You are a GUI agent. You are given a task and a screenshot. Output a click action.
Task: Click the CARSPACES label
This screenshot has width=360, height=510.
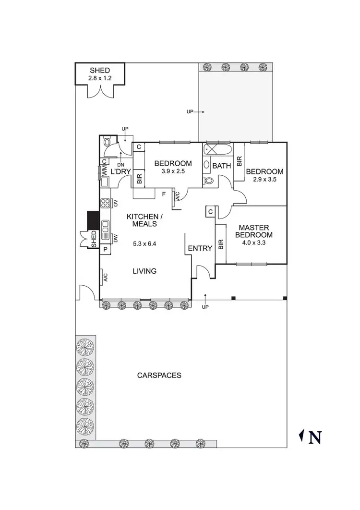coord(159,375)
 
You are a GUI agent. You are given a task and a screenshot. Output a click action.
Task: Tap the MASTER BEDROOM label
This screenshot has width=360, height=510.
coord(255,231)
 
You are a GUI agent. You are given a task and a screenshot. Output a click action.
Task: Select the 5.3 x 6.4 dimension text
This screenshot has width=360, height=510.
coord(145,243)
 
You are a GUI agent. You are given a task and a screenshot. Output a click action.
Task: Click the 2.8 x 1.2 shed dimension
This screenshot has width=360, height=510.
coord(99,78)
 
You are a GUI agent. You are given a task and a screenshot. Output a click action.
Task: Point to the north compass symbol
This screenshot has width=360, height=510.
coord(310,437)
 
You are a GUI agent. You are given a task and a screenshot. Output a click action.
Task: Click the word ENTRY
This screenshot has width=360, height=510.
coord(200,248)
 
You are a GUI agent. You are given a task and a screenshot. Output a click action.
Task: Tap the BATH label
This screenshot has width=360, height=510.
coord(222,166)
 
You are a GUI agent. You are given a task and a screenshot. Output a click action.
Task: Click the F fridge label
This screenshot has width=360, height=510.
coord(164,194)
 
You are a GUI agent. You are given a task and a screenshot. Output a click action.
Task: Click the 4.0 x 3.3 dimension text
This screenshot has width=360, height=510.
coord(255,243)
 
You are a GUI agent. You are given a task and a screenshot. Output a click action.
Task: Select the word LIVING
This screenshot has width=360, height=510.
coord(144,271)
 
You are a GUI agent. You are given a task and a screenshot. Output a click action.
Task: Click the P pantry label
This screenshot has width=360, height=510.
coord(105,250)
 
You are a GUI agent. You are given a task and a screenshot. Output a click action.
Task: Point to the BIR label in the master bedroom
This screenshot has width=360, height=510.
coord(221,245)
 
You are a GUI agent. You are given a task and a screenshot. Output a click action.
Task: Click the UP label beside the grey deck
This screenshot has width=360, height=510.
coord(191,111)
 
